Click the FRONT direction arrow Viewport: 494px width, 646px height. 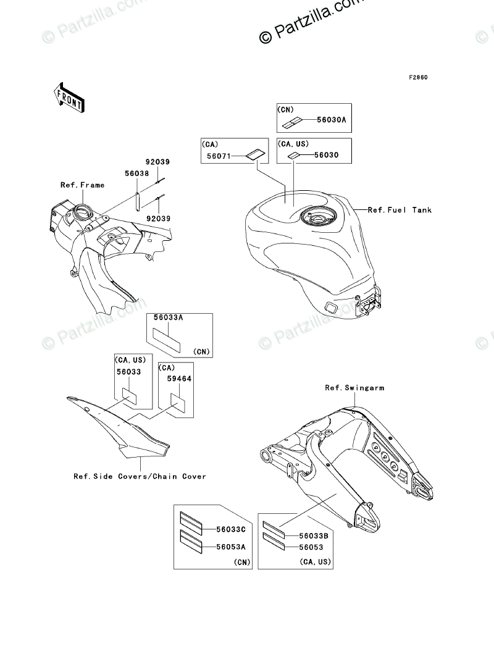coord(69,97)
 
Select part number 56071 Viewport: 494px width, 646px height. coord(217,157)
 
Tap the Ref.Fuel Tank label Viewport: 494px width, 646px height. coord(400,210)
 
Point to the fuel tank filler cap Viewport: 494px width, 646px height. coord(317,216)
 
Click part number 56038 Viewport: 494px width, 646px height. coord(136,174)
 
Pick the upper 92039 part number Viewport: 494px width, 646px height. coord(157,162)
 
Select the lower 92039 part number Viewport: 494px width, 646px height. coord(157,218)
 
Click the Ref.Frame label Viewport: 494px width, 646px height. coord(82,185)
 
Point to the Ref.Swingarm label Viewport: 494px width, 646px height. coord(354,388)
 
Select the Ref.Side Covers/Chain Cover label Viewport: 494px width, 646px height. coord(140,476)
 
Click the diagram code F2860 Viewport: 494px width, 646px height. coord(417,78)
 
